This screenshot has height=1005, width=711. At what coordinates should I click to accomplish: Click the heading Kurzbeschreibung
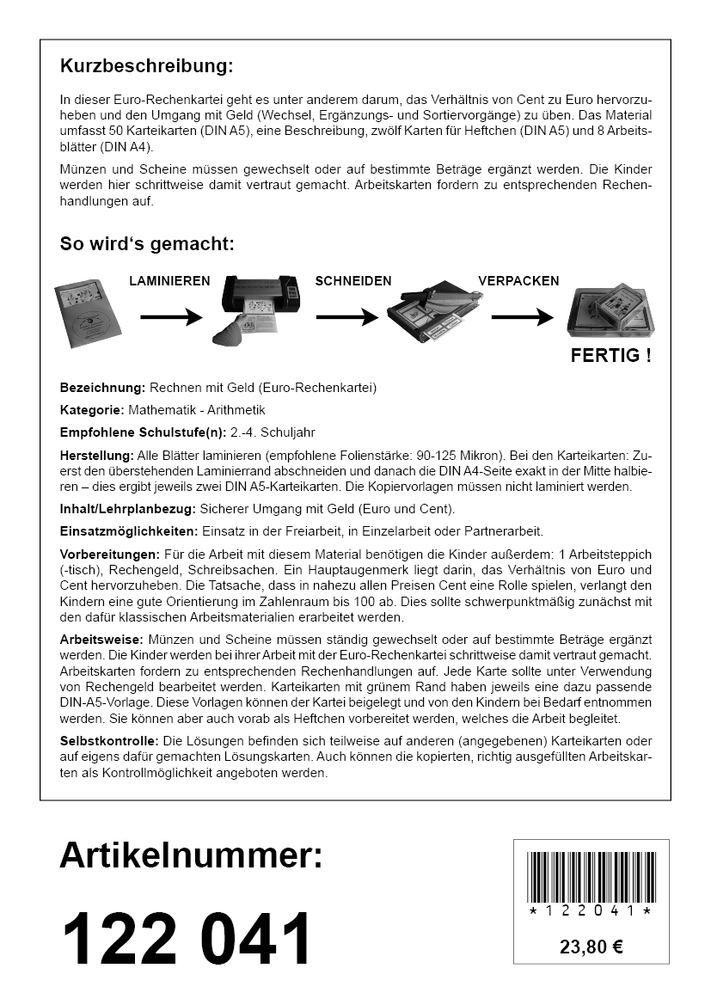146,66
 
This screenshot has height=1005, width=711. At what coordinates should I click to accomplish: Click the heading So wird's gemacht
146,243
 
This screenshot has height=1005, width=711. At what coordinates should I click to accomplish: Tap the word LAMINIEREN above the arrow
170,281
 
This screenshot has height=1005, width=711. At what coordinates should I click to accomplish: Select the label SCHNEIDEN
352,281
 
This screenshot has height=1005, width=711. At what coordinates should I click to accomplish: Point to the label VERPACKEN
518,281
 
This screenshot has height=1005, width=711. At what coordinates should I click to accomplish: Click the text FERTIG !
610,355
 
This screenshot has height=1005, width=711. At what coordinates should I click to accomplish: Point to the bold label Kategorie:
90,410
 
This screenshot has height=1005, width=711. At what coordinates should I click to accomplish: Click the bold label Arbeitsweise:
101,640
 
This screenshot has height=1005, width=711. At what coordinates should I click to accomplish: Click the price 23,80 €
591,947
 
